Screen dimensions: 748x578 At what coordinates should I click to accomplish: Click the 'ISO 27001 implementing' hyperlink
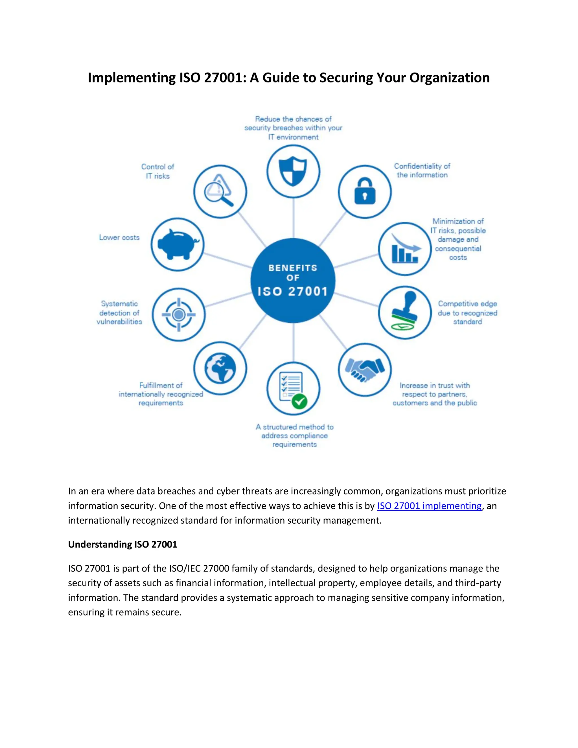[429, 506]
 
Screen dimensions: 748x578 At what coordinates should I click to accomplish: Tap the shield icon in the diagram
[293, 171]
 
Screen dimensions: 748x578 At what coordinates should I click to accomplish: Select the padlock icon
[365, 191]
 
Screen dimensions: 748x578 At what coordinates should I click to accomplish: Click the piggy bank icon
[177, 244]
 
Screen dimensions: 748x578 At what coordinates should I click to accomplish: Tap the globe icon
[220, 368]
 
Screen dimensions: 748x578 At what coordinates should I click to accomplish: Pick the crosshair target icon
[178, 314]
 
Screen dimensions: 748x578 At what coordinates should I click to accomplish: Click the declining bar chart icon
[405, 249]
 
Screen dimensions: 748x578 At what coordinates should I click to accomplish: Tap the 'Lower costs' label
[119, 237]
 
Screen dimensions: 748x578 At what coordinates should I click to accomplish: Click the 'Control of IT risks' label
[157, 171]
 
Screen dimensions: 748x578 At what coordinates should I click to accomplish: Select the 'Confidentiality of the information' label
[422, 170]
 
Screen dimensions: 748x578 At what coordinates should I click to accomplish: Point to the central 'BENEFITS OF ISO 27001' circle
[293, 280]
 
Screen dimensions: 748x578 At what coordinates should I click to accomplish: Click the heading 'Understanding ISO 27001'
[122, 544]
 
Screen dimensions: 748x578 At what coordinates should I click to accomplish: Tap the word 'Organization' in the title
[449, 78]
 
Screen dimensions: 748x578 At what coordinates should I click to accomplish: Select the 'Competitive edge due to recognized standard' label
[467, 313]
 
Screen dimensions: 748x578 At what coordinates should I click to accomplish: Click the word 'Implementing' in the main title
[132, 78]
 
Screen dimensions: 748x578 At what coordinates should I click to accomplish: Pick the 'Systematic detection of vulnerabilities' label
[119, 313]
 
